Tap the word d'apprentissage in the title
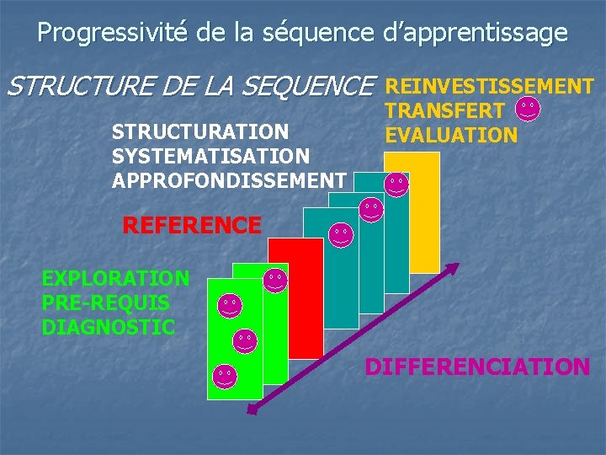click(x=475, y=33)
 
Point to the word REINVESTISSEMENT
click(x=489, y=86)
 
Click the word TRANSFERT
click(x=445, y=110)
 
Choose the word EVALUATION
click(x=450, y=135)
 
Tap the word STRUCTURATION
click(x=201, y=133)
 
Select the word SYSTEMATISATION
click(x=210, y=156)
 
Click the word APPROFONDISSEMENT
click(x=228, y=179)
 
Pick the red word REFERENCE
click(x=192, y=225)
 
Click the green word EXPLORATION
click(x=115, y=278)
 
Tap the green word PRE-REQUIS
click(x=105, y=302)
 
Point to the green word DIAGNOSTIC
click(x=109, y=325)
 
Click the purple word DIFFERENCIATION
click(x=476, y=367)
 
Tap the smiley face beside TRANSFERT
click(x=528, y=109)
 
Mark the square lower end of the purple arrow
click(x=250, y=409)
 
